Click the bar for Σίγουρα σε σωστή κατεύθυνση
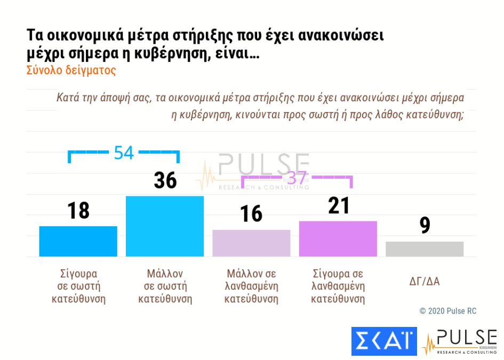pos(78,241)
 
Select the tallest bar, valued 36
pos(165,226)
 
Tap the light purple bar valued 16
pos(251,243)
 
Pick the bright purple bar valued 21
pos(338,238)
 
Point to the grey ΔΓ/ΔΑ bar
pos(425,249)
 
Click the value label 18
pos(78,211)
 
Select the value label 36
pos(165,180)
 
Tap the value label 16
pos(251,213)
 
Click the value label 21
pos(338,205)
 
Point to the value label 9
pos(425,226)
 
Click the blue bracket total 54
pos(124,153)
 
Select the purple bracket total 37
pos(297,178)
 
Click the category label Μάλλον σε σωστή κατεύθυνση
pos(165,286)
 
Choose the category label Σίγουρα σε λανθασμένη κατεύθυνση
pos(338,286)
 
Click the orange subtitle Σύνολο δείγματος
pos(71,70)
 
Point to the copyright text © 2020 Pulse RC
pos(448,311)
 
